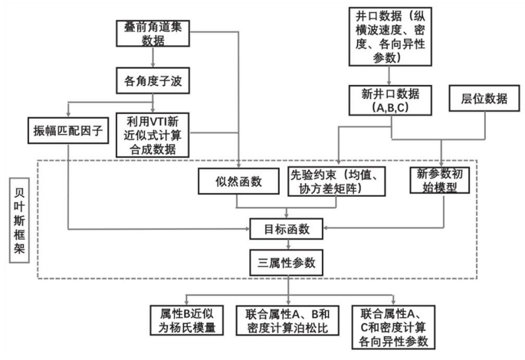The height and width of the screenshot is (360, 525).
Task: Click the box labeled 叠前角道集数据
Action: click(153, 34)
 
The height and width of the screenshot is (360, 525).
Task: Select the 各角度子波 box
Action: click(153, 80)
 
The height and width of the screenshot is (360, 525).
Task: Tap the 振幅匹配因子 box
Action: click(68, 130)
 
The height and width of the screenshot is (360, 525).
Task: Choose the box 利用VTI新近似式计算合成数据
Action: click(153, 135)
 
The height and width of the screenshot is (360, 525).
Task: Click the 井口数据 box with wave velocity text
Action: click(390, 37)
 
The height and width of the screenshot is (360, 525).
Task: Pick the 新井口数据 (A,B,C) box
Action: click(390, 100)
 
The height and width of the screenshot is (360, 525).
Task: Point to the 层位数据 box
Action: click(484, 98)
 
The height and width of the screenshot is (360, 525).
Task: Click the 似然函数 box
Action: click(238, 182)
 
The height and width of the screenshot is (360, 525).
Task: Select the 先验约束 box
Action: click(336, 182)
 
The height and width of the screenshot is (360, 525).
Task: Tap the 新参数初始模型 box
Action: click(440, 180)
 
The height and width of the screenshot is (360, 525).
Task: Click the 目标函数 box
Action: click(287, 229)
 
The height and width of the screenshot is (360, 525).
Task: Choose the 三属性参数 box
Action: click(287, 263)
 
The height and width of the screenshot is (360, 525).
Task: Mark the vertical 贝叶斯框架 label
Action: click(19, 220)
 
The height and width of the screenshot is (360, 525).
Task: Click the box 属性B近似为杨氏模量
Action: click(186, 320)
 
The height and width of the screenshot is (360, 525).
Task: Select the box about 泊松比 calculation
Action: click(287, 320)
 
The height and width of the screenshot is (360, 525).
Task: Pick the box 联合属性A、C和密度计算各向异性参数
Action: click(393, 327)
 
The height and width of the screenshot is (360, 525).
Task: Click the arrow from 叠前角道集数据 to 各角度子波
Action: click(153, 57)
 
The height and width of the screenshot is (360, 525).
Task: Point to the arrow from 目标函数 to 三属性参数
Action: click(288, 244)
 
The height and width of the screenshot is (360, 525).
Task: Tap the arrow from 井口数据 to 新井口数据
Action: click(389, 76)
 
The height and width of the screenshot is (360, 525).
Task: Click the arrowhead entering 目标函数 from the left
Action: click(248, 229)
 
